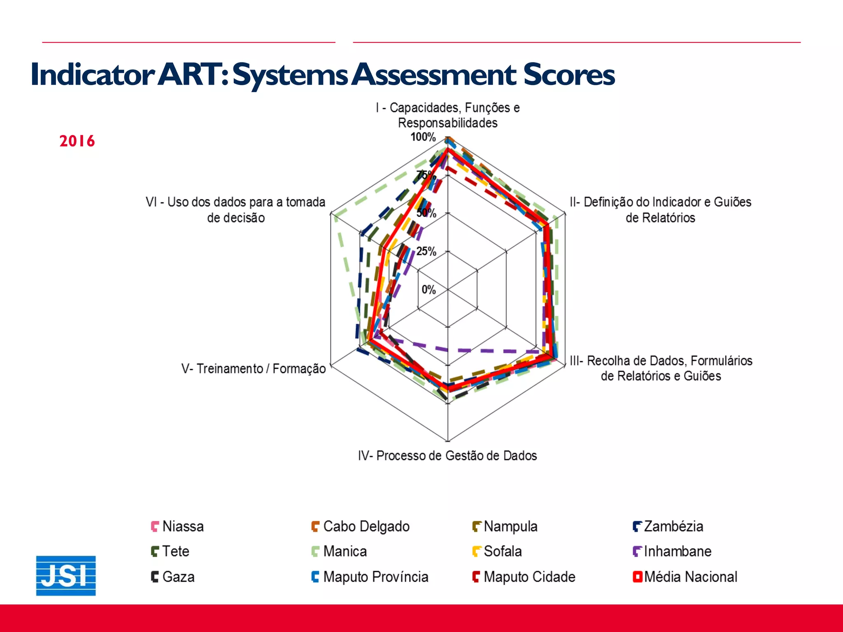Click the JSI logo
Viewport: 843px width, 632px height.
66,575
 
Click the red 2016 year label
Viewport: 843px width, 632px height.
77,141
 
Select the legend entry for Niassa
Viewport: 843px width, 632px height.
177,526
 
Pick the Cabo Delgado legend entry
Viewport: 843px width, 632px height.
360,526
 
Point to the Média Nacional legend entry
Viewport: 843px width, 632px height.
685,577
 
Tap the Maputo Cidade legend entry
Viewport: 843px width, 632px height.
524,577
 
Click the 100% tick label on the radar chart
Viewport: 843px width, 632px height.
423,137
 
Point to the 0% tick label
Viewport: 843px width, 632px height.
428,290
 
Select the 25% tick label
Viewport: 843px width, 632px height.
426,251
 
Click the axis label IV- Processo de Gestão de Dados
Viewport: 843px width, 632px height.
447,455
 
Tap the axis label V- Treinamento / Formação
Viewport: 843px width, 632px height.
254,368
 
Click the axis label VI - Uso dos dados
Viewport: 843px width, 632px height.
235,209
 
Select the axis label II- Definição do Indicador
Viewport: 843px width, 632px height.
660,209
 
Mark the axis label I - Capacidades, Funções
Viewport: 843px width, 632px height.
447,115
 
